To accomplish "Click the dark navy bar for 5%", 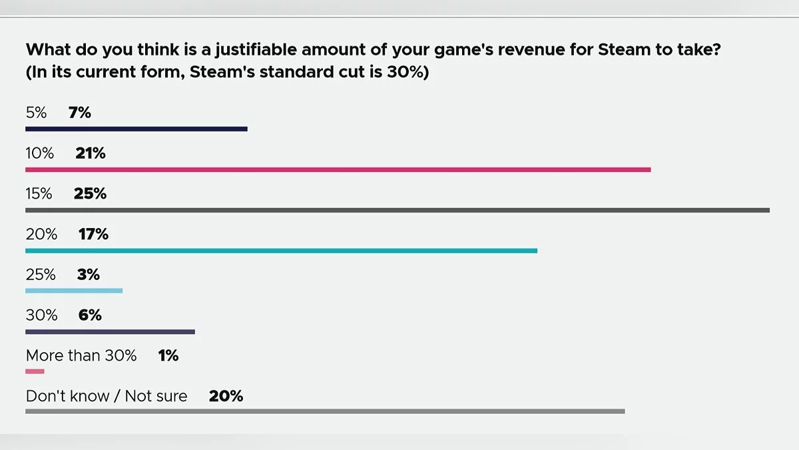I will pos(136,129).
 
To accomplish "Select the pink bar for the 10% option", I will pos(338,169).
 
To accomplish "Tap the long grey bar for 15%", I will pos(398,210).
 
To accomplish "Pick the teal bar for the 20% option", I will pos(281,251).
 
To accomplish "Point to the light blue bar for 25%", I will pos(74,291).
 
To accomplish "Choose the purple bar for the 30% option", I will pos(110,331).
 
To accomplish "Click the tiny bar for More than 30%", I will pos(35,371).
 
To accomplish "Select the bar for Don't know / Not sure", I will pos(325,411).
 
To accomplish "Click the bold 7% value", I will pos(80,113).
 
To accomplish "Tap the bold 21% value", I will pos(91,153).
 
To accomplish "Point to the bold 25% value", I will pos(91,194).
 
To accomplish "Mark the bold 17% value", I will pos(93,235).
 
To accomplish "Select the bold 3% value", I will pos(89,275).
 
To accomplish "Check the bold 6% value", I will pos(90,315).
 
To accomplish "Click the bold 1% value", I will pos(168,356).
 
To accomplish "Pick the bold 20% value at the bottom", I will pos(226,397).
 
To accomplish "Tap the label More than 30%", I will pos(81,356).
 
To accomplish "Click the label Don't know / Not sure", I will pos(107,397).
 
